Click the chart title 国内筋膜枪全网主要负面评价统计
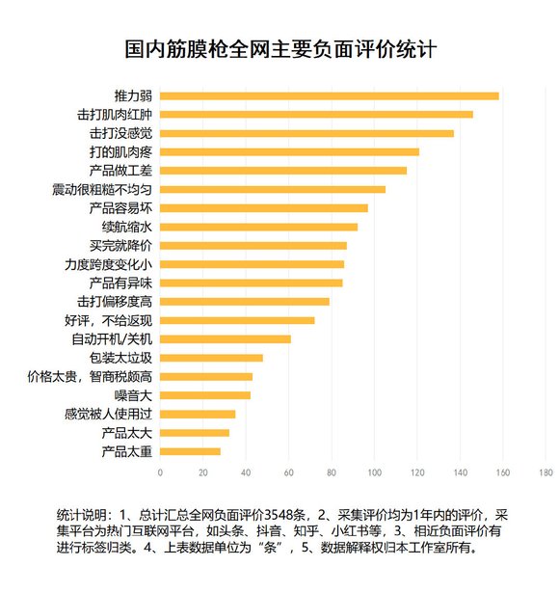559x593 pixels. (279, 49)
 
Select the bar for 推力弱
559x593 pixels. (329, 95)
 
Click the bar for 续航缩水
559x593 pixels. (258, 227)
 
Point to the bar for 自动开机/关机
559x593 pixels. (225, 338)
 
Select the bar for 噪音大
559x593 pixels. (204, 394)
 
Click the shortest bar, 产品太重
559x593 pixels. (190, 450)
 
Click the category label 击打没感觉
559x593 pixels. (120, 133)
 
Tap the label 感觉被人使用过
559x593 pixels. (108, 414)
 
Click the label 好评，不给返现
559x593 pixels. (108, 320)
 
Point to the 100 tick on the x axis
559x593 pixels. (375, 472)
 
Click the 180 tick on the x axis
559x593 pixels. (546, 472)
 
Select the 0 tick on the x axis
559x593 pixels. (160, 472)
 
